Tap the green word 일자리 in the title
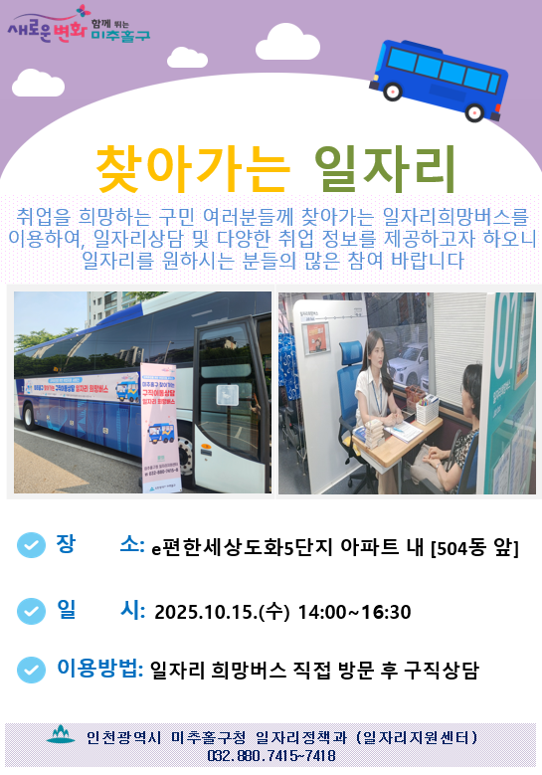383,168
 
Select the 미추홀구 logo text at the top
119,35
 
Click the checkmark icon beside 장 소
32,545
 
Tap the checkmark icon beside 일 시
32,610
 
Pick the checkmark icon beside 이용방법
32,670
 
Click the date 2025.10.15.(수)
222,612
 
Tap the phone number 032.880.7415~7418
271,756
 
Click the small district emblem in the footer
61,736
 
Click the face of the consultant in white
376,349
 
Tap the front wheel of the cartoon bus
393,91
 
